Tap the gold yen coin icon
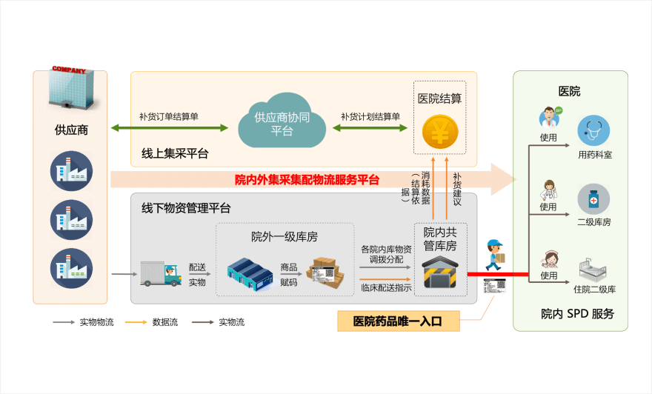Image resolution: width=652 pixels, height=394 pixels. [440, 134]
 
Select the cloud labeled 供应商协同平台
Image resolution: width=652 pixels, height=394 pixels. [282, 121]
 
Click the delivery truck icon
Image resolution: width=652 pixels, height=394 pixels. [160, 274]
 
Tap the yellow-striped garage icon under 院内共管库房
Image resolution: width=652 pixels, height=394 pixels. [440, 273]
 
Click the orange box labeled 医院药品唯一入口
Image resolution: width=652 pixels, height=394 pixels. [397, 321]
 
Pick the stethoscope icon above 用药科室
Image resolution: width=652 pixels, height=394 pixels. [593, 130]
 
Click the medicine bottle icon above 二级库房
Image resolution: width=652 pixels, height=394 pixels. [593, 200]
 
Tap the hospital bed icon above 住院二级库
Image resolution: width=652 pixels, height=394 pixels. [593, 267]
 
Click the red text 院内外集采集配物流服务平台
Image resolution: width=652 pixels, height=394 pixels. [307, 179]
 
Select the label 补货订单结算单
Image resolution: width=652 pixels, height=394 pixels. [169, 116]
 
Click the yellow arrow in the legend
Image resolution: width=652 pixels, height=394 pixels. [136, 322]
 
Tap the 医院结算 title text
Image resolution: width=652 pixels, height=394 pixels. [440, 98]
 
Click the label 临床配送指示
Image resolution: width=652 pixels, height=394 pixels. [386, 287]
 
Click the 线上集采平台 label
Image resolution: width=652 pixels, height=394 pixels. [175, 154]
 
